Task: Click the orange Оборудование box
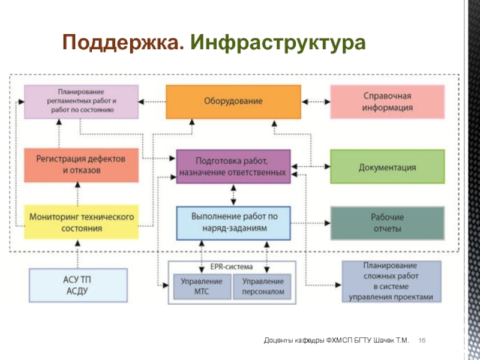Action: tap(233, 101)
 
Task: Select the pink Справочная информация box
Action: tap(387, 101)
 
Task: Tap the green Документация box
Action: tap(387, 167)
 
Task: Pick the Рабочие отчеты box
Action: tap(387, 223)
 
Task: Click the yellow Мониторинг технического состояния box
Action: tap(82, 222)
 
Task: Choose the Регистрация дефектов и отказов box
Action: tap(82, 166)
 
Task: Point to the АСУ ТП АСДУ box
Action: tap(78, 286)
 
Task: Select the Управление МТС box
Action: tap(202, 287)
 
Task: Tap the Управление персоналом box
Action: tap(262, 287)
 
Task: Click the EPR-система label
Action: tap(232, 267)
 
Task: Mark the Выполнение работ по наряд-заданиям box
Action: tap(233, 223)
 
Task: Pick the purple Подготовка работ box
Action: tap(233, 167)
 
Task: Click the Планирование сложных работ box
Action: tap(392, 281)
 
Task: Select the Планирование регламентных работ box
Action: tap(82, 101)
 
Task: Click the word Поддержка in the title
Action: tap(124, 42)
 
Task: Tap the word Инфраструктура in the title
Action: tap(278, 43)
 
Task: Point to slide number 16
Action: tap(422, 340)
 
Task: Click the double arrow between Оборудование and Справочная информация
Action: tap(316, 101)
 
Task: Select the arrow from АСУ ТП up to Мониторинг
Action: tap(78, 254)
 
